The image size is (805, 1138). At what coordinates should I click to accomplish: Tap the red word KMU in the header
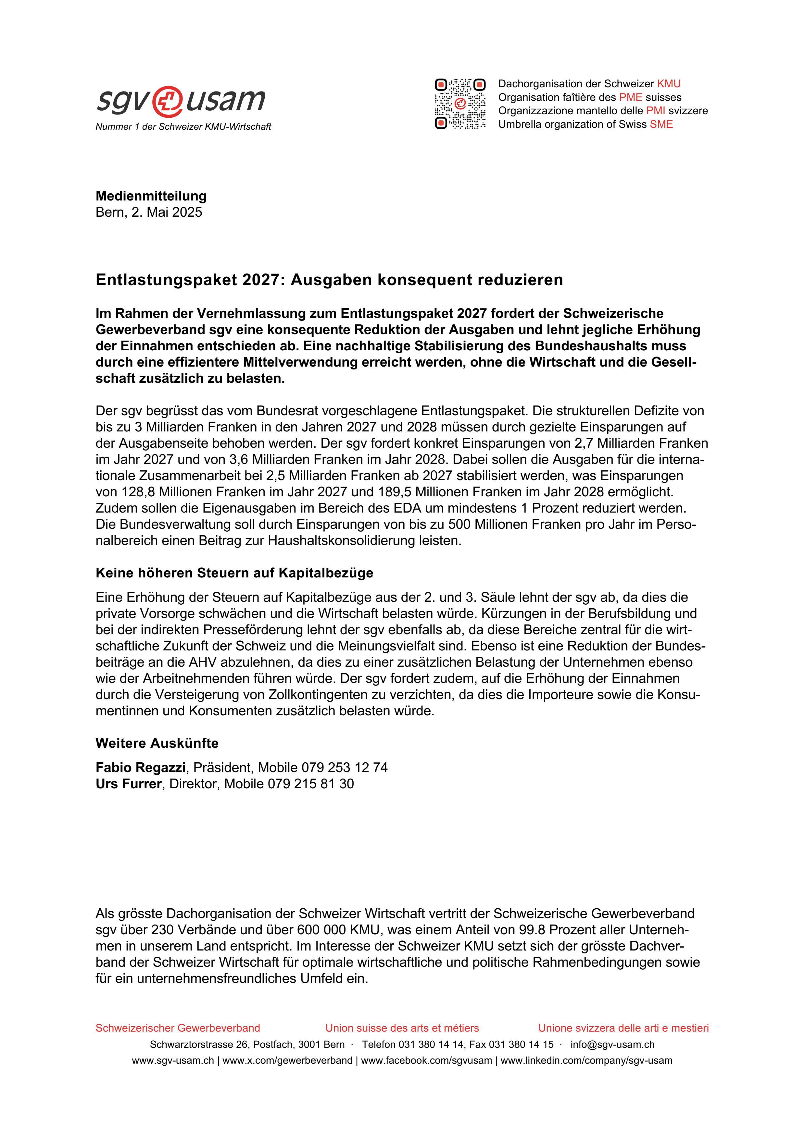click(x=669, y=84)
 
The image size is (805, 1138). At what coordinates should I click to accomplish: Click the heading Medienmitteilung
click(x=151, y=196)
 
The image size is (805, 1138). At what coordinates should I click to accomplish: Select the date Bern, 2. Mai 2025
click(x=149, y=212)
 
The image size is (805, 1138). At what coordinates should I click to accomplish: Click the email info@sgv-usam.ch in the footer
click(x=612, y=1044)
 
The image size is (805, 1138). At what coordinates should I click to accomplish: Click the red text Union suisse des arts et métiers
click(x=402, y=1028)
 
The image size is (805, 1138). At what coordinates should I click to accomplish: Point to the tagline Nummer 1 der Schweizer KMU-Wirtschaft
click(x=183, y=127)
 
